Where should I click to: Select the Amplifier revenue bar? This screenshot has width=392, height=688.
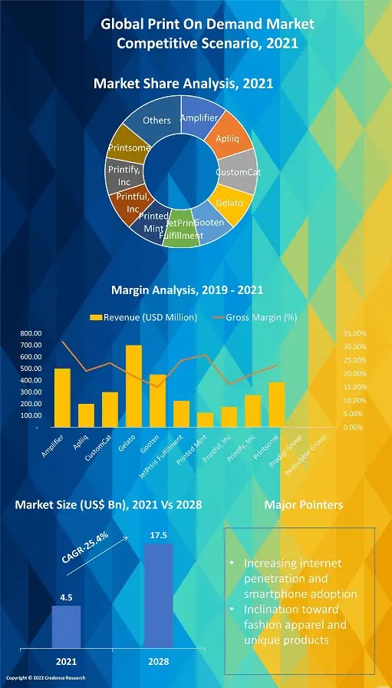click(62, 398)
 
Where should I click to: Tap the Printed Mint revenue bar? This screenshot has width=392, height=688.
click(205, 419)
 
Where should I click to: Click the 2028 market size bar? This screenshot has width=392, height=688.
click(159, 596)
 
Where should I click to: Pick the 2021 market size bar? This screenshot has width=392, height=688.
click(66, 627)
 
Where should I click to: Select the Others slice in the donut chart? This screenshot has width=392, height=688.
click(156, 121)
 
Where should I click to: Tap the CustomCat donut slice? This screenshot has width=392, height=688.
click(237, 172)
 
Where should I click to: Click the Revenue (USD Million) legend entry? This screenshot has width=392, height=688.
click(143, 317)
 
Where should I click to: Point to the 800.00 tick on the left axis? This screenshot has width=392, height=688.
click(31, 333)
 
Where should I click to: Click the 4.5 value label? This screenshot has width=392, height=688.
click(66, 595)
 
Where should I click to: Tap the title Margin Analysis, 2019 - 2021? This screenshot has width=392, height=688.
click(187, 289)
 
